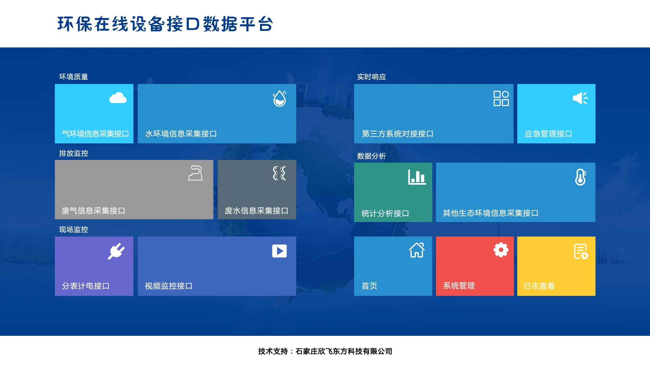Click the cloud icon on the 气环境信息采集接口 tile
click(118, 98)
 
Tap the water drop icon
click(280, 99)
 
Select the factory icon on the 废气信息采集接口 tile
click(195, 173)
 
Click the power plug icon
click(116, 251)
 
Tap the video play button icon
click(279, 251)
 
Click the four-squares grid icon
click(501, 98)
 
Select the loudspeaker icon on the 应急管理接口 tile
click(580, 98)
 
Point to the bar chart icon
click(417, 177)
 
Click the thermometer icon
click(580, 177)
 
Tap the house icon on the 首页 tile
click(417, 250)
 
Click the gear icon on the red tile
click(501, 250)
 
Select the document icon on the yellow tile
click(581, 251)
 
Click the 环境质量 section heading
click(73, 77)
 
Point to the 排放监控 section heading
click(73, 154)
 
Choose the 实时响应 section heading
click(371, 77)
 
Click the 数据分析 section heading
click(371, 156)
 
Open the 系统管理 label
click(459, 286)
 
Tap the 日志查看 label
click(539, 286)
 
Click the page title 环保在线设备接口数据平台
click(165, 24)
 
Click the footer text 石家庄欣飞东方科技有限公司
click(344, 351)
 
